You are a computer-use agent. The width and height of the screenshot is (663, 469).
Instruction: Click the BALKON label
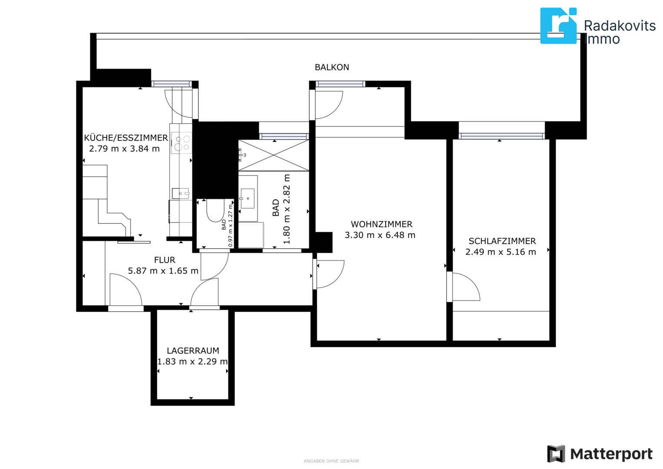(x=332, y=67)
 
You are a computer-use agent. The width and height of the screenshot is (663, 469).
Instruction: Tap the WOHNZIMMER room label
(x=382, y=224)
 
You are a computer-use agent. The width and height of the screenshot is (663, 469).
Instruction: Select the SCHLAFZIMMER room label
(x=502, y=241)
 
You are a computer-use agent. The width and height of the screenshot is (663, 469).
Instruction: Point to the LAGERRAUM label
(x=193, y=350)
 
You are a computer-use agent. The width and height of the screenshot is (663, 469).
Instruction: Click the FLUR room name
(x=165, y=260)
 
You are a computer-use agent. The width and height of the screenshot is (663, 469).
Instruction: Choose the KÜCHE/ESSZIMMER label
(x=126, y=138)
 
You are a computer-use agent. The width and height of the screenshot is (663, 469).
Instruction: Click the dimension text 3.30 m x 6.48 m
(x=380, y=235)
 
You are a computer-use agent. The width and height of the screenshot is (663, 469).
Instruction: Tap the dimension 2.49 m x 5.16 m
(x=501, y=252)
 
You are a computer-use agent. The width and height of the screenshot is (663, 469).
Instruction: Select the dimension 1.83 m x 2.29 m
(x=192, y=361)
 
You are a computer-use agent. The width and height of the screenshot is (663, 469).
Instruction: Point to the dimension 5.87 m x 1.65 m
(x=163, y=271)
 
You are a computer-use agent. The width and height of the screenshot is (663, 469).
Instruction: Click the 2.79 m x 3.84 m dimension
(x=124, y=149)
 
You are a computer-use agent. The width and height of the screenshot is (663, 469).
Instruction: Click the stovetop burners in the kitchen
(x=182, y=143)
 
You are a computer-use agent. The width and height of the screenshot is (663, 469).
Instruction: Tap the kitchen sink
(x=181, y=193)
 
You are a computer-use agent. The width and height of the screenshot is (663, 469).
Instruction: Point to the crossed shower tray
(x=274, y=155)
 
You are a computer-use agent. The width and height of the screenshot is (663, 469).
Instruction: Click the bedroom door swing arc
(x=472, y=281)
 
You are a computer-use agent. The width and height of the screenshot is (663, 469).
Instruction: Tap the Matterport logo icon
(x=556, y=453)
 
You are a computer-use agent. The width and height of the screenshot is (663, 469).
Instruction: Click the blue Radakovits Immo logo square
(x=558, y=26)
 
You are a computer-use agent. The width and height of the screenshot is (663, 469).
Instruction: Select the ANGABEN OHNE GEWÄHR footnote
(x=331, y=461)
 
